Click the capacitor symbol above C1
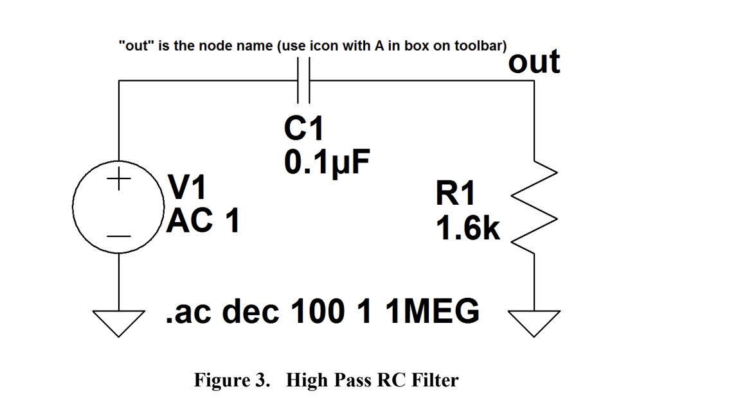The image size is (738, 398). pos(304,80)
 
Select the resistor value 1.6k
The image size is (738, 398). pos(467,229)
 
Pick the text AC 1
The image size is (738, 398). pos(203,221)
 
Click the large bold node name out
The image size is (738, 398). pos(534,62)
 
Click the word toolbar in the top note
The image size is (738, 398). pos(482,47)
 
